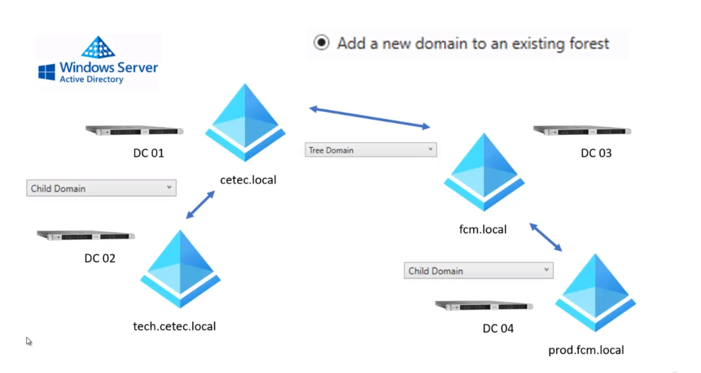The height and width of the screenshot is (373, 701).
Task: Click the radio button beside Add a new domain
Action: tap(321, 42)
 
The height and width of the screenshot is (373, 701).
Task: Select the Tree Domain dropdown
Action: tap(370, 150)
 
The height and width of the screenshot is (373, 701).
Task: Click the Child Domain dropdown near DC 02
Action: tap(101, 188)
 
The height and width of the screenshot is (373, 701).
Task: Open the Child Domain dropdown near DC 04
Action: tap(478, 271)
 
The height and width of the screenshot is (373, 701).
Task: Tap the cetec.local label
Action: tap(248, 180)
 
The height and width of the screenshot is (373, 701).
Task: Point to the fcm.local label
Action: tap(483, 229)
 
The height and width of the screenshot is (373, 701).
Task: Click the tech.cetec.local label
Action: tap(174, 326)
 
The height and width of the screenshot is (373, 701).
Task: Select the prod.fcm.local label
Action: tap(586, 350)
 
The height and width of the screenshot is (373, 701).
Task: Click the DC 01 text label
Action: tap(148, 153)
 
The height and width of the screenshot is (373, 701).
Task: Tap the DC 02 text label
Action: tap(100, 258)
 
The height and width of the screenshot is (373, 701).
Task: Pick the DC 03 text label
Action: tap(596, 153)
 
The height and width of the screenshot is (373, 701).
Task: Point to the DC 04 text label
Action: tap(498, 328)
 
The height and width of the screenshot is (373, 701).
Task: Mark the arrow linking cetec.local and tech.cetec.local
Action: tap(200, 205)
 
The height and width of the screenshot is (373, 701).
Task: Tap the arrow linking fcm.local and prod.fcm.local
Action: tap(546, 237)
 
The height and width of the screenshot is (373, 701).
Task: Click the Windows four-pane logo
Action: tap(47, 72)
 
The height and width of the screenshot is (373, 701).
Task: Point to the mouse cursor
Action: tap(28, 341)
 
